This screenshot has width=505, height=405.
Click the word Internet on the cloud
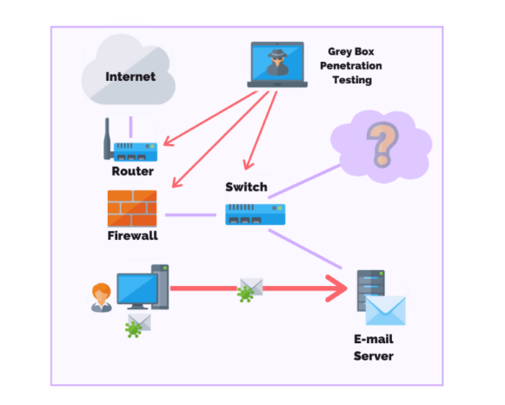pyautogui.click(x=130, y=76)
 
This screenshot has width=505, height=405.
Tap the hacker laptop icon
pyautogui.click(x=277, y=64)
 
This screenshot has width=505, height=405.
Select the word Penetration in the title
pyautogui.click(x=351, y=66)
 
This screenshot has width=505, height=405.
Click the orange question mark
pyautogui.click(x=382, y=144)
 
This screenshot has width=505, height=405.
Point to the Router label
pyautogui.click(x=133, y=171)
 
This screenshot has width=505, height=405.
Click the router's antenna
pyautogui.click(x=107, y=138)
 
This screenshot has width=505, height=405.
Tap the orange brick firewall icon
pyautogui.click(x=132, y=209)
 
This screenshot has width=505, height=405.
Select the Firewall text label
pyautogui.click(x=133, y=236)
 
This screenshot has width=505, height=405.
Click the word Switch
pyautogui.click(x=246, y=187)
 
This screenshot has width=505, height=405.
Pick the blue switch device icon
pyautogui.click(x=256, y=214)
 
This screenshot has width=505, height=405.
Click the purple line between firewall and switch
pyautogui.click(x=190, y=215)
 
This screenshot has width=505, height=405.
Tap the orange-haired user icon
pyautogui.click(x=102, y=297)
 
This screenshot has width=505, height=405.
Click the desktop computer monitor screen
pyautogui.click(x=137, y=289)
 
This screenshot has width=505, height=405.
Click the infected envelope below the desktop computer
pyautogui.click(x=138, y=326)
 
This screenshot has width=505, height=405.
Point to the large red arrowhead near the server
pyautogui.click(x=337, y=289)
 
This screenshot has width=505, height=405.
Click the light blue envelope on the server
pyautogui.click(x=386, y=310)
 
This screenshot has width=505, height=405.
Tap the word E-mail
pyautogui.click(x=374, y=339)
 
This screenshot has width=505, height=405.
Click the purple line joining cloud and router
pyautogui.click(x=130, y=127)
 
